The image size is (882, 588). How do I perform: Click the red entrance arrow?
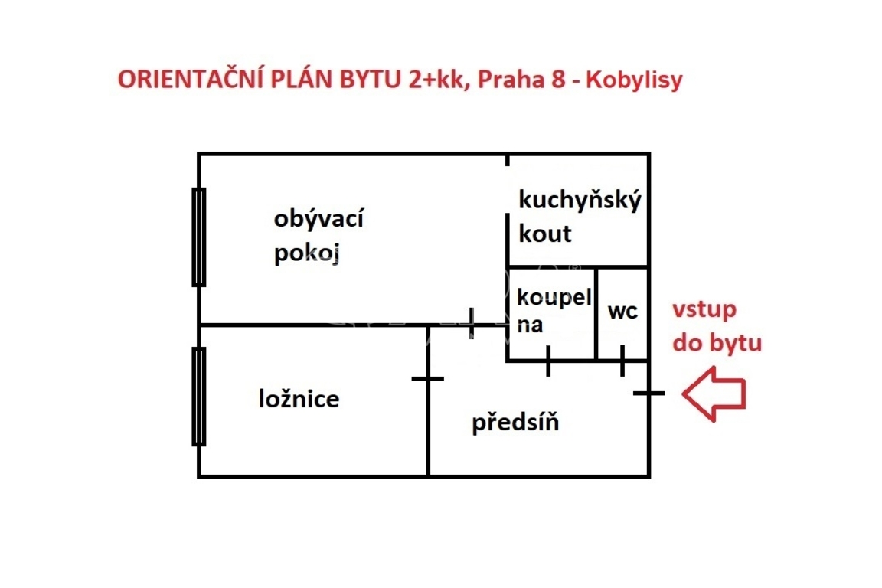click(713, 394)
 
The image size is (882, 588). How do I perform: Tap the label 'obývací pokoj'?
click(318, 236)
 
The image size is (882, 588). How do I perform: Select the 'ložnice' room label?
click(299, 399)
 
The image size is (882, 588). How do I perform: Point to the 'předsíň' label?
click(514, 422)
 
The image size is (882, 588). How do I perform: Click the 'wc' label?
click(622, 312)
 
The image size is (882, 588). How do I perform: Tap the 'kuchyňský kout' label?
click(580, 216)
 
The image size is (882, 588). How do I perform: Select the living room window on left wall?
click(199, 237)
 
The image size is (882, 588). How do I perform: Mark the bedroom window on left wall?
click(199, 396)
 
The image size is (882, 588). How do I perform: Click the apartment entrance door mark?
click(649, 394)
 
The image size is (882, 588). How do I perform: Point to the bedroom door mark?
click(427, 378)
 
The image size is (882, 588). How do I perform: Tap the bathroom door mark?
click(548, 361)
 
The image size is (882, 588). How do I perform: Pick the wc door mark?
click(622, 361)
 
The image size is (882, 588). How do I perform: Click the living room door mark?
click(472, 324)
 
